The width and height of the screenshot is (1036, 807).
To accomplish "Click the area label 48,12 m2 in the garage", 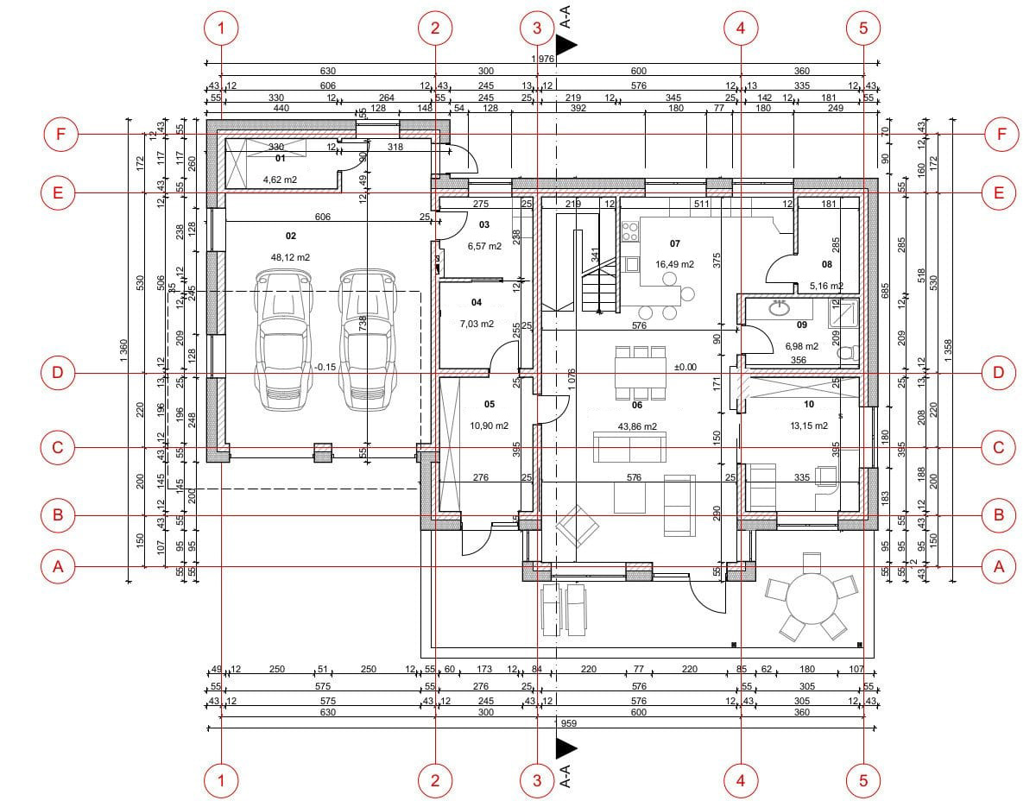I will [290, 257].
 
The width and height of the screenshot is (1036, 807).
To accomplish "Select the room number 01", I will [280, 159].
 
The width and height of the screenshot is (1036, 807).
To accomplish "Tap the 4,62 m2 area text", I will [280, 180].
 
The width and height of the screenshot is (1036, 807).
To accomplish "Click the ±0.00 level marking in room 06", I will [685, 367].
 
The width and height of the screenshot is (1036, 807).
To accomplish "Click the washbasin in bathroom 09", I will [781, 306].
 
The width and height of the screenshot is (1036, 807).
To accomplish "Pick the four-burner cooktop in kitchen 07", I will [629, 230].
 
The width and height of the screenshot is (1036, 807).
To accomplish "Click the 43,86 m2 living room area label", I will [638, 426].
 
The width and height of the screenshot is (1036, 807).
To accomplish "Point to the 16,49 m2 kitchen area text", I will [674, 265].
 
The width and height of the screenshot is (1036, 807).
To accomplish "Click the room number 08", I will [826, 264].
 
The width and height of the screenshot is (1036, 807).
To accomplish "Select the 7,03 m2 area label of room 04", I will [477, 325].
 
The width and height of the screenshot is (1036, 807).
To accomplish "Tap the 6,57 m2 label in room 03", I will [484, 246].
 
